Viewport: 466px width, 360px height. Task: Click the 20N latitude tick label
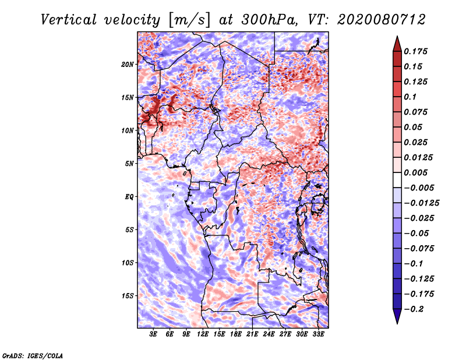pos(128,65)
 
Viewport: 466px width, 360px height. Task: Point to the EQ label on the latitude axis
pos(129,197)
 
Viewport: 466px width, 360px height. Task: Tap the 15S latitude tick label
pos(128,296)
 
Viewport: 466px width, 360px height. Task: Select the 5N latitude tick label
pos(129,164)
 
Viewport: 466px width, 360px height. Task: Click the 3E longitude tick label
pos(153,334)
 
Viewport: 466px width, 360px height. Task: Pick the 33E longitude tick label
pos(318,334)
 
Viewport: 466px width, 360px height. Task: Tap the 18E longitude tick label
pos(236,334)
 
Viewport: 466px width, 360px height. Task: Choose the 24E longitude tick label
pos(269,334)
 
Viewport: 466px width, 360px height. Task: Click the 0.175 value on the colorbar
pos(415,51)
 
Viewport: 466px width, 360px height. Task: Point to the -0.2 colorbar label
pos(414,309)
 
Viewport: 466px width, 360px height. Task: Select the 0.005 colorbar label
pos(415,172)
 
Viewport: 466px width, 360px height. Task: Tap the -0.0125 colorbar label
pos(421,203)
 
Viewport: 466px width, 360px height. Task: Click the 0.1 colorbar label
pos(410,97)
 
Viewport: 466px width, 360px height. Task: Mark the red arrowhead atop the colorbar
pos(397,44)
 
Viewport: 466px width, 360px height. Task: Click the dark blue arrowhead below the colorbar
pos(397,316)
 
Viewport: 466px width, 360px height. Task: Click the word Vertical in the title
pos(69,20)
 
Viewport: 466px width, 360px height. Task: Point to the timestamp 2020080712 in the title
pos(382,20)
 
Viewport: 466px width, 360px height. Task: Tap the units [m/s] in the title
pos(189,20)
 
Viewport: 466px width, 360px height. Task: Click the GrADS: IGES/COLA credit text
pos(33,356)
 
